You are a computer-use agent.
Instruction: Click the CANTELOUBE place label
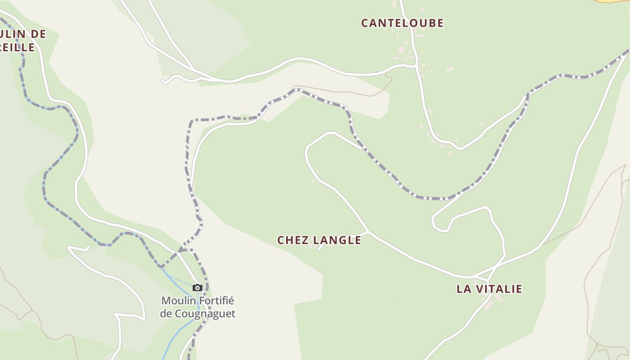pos(402,23)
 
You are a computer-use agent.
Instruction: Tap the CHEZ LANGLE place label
pos(319,240)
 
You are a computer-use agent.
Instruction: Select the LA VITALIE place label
pos(489,289)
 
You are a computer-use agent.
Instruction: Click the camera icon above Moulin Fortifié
pos(197,288)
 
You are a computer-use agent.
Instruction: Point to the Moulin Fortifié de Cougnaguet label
pos(198,307)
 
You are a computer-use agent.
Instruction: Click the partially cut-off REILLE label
pos(17,48)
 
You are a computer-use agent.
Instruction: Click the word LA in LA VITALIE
pos(463,289)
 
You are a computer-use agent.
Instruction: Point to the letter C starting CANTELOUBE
pos(365,23)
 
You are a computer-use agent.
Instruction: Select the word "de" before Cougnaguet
pos(166,314)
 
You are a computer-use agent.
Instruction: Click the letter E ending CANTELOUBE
pos(440,23)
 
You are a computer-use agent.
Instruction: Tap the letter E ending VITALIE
pos(519,289)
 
